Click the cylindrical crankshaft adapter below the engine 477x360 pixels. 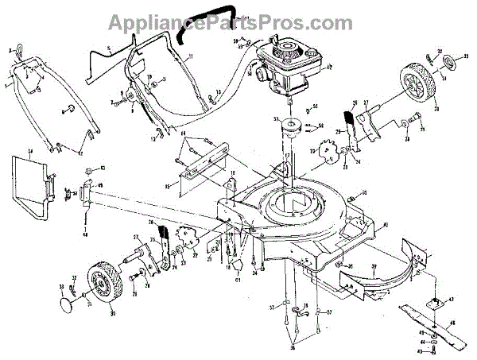pos(287,130)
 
